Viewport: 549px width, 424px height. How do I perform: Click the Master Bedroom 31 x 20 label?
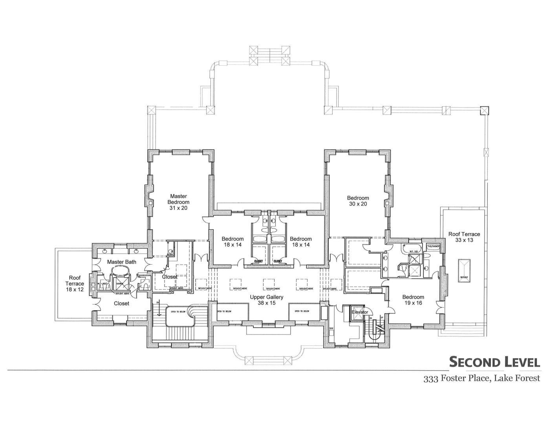click(x=178, y=202)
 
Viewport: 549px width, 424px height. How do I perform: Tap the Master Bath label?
click(x=122, y=261)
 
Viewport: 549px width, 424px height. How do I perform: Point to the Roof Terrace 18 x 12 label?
click(x=75, y=283)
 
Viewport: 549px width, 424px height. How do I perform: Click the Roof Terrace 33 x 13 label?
click(x=464, y=237)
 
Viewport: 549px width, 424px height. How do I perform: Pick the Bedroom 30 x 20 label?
click(x=358, y=201)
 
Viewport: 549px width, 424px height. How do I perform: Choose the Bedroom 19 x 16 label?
click(x=413, y=300)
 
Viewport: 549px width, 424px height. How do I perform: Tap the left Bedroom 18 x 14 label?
click(x=232, y=241)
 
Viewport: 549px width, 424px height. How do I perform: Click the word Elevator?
click(x=360, y=312)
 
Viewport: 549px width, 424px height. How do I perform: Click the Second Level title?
click(x=494, y=362)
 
